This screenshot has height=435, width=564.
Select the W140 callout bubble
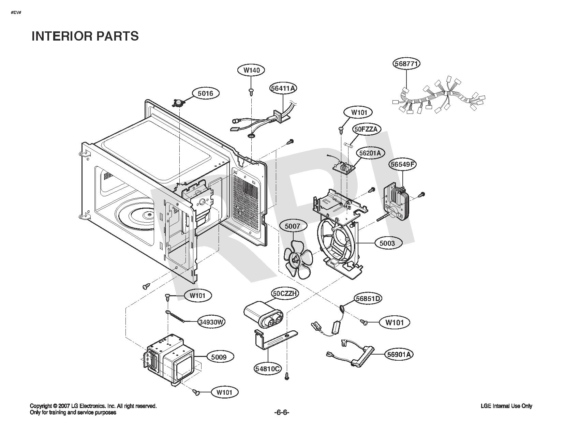(252, 70)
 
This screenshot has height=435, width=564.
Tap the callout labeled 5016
(206, 93)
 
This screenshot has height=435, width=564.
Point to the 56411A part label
(283, 88)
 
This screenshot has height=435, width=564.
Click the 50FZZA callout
(366, 129)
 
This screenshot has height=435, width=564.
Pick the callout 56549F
(402, 164)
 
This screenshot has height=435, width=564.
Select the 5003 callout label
(387, 243)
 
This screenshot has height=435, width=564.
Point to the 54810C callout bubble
(267, 369)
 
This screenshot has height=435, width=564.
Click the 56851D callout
(368, 299)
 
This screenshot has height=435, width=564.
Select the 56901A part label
(399, 354)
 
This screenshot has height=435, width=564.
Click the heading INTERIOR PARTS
(85, 36)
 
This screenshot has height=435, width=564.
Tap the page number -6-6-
(282, 412)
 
